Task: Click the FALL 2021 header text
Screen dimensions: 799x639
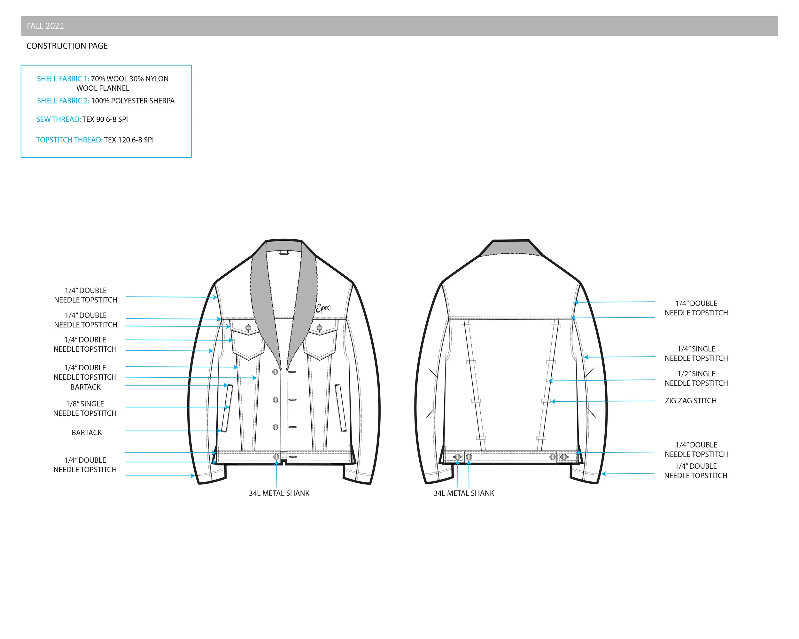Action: click(45, 26)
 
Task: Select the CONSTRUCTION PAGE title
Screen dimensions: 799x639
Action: click(67, 46)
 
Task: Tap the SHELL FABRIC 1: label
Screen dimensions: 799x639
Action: click(63, 79)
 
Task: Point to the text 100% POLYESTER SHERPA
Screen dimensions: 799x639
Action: click(133, 101)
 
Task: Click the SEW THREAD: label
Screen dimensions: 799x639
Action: click(58, 119)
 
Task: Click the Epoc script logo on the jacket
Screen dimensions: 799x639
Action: click(323, 309)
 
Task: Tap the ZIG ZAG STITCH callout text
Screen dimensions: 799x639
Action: click(690, 401)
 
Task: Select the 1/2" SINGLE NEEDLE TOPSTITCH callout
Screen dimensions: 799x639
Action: click(696, 379)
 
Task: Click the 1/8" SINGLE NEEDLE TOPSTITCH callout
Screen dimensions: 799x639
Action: click(85, 409)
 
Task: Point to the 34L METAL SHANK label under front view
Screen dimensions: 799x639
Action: click(279, 493)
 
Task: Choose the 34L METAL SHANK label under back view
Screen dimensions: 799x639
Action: click(464, 493)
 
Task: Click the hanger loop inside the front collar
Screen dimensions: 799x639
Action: click(284, 252)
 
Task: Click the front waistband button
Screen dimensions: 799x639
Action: click(276, 457)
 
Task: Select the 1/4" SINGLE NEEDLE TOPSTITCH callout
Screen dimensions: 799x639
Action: click(696, 354)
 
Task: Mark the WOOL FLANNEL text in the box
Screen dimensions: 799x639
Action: click(103, 88)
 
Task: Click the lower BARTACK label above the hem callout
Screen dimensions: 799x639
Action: click(87, 433)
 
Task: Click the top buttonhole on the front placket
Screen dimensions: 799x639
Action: click(292, 372)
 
